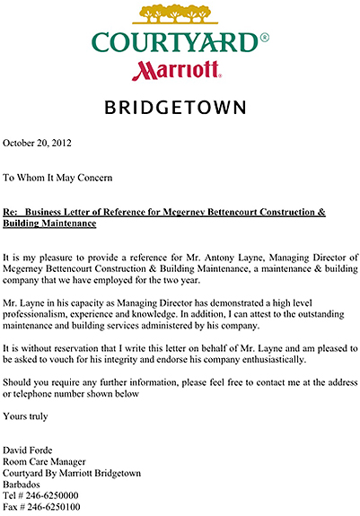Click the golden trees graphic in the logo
tap(179, 14)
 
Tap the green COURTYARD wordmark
tap(174, 42)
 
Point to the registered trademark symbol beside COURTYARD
tap(263, 38)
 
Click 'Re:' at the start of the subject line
tap(12, 212)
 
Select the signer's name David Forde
tap(30, 450)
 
